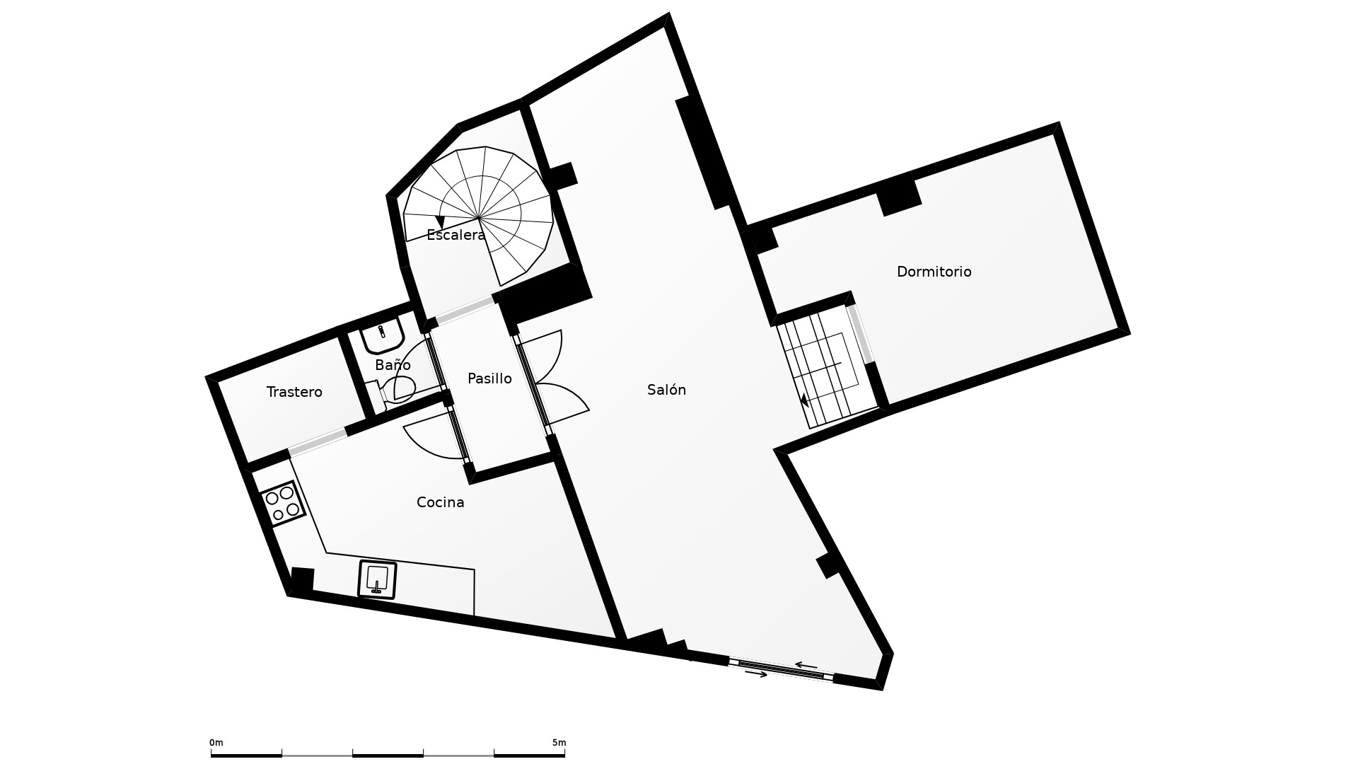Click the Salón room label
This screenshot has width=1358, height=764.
[666, 390]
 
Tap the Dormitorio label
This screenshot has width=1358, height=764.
[934, 272]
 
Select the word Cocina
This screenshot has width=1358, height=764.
[440, 502]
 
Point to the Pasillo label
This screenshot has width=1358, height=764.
[489, 378]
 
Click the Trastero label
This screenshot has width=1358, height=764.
[294, 392]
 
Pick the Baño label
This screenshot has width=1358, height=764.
[393, 365]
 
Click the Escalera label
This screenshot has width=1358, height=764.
[456, 235]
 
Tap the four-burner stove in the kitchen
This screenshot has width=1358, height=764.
[282, 504]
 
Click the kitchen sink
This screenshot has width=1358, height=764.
[377, 579]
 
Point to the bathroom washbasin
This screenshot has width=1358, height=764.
[383, 335]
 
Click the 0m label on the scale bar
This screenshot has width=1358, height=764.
[216, 743]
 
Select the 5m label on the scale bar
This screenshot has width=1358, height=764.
[559, 743]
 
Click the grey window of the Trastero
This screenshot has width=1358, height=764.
[318, 441]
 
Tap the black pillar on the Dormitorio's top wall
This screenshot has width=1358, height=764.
[899, 197]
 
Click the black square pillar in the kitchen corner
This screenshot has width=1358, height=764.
[302, 580]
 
